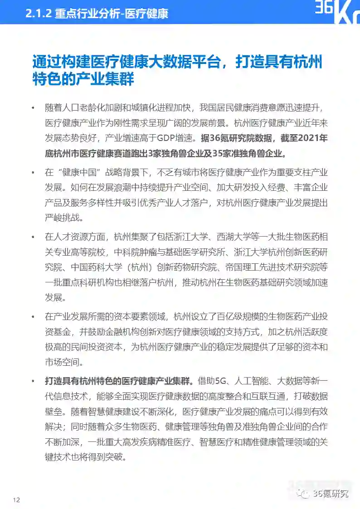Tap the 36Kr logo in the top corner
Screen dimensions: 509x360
point(337,11)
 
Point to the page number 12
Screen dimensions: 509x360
point(17,500)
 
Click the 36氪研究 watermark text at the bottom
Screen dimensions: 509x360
point(331,494)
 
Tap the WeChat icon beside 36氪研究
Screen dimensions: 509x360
point(303,494)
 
